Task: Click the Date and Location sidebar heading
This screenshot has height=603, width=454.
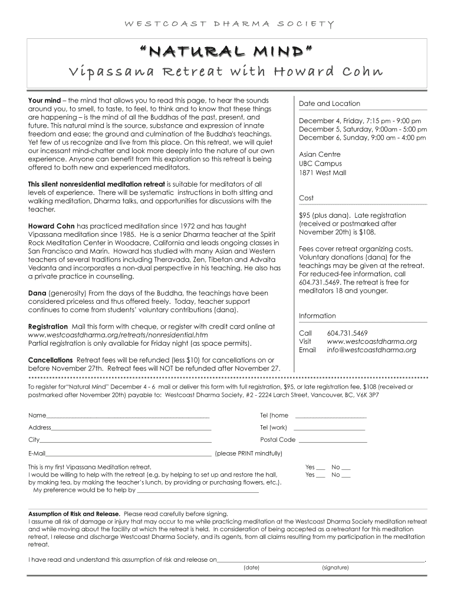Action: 329,104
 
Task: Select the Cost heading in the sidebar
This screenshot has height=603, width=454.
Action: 306,198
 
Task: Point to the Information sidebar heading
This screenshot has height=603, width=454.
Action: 317,316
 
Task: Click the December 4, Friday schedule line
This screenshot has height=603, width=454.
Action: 360,121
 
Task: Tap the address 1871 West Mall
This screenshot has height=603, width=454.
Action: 323,173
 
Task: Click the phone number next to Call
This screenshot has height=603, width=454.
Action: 347,333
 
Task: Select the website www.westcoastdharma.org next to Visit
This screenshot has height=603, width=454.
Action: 371,341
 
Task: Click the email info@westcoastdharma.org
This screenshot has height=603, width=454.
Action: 371,350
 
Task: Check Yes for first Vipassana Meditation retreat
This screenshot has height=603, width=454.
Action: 321,466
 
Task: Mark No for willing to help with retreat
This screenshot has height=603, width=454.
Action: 346,475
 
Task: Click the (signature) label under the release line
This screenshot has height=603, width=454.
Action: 335,568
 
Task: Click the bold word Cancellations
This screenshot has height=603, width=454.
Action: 51,360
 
